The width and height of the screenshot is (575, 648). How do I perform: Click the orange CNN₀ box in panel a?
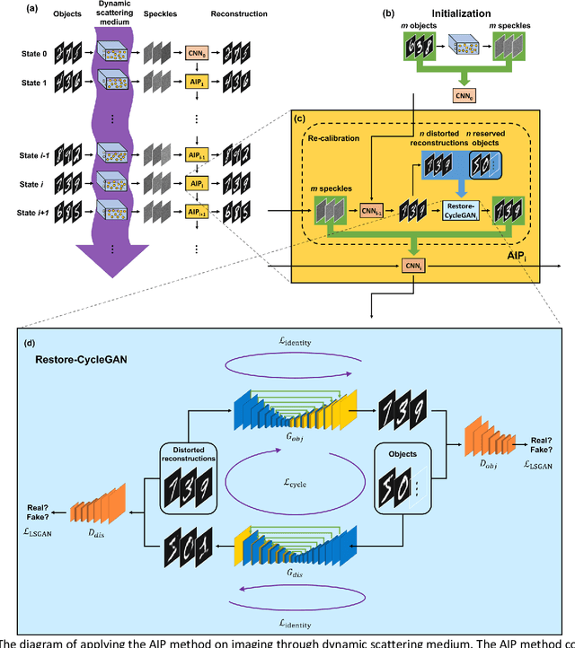pyautogui.click(x=198, y=55)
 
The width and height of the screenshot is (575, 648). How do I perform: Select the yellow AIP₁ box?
pyautogui.click(x=198, y=82)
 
